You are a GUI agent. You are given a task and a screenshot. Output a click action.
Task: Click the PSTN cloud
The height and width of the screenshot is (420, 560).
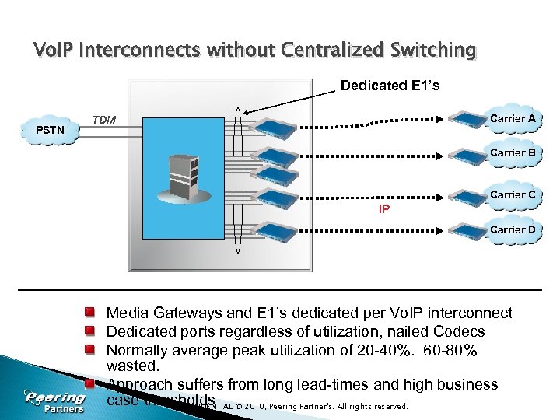pyautogui.click(x=51, y=130)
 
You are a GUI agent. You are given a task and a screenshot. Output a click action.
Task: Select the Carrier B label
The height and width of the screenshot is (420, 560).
pyautogui.click(x=512, y=153)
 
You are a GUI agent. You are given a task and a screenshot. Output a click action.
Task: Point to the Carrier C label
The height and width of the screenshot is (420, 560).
pyautogui.click(x=512, y=194)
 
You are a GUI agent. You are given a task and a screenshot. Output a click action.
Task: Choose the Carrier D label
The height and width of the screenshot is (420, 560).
pyautogui.click(x=512, y=229)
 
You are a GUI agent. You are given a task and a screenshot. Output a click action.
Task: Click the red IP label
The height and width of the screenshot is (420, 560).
pyautogui.click(x=384, y=209)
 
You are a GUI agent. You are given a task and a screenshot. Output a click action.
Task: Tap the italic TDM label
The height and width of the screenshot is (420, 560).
pyautogui.click(x=104, y=120)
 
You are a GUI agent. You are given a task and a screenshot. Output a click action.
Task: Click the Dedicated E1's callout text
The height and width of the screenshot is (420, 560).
pyautogui.click(x=390, y=86)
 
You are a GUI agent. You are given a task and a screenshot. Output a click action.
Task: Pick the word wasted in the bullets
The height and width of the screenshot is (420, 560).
pyautogui.click(x=132, y=366)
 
